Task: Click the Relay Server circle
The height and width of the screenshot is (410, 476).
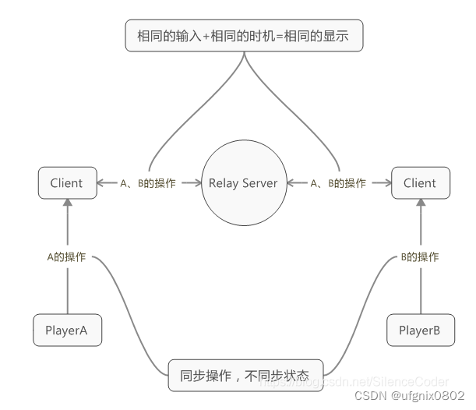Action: (242, 184)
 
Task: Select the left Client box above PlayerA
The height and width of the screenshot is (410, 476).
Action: (66, 183)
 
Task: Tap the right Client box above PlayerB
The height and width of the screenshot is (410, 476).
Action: (419, 183)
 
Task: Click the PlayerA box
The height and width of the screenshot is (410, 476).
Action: (67, 330)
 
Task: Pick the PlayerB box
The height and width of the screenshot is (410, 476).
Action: (419, 330)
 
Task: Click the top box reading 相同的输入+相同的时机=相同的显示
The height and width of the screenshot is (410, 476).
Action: (245, 36)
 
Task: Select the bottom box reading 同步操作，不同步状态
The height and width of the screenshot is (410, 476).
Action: (244, 375)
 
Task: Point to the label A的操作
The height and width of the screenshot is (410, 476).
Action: (67, 257)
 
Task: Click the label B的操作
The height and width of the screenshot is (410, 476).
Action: (419, 257)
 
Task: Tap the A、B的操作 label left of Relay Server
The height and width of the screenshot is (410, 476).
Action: (148, 184)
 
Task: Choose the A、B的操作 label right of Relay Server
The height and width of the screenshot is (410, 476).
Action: (338, 184)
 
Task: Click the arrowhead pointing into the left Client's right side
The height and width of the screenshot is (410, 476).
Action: (100, 184)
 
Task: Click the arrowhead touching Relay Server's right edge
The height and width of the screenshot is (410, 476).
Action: (289, 184)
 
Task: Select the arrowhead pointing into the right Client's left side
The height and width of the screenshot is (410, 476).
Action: (387, 184)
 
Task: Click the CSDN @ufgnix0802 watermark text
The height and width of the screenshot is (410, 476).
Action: (410, 396)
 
